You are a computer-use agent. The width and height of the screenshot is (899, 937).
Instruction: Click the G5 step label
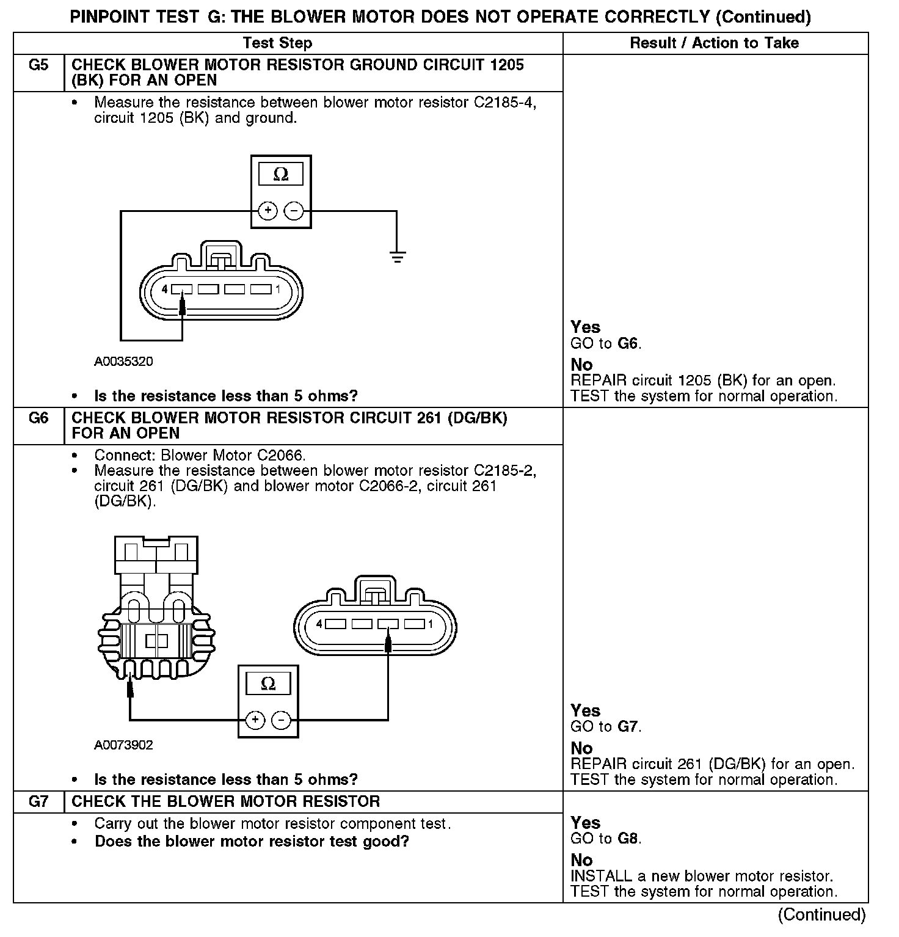(x=38, y=65)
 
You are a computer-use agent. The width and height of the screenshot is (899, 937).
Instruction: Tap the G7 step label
(x=38, y=801)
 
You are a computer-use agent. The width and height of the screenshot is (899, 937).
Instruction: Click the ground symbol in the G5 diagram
(x=397, y=257)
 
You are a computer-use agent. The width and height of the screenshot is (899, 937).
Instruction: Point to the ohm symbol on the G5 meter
(x=281, y=175)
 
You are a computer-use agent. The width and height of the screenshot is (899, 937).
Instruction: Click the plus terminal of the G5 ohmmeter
(x=268, y=211)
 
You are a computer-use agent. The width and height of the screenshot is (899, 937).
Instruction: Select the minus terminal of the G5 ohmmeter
(x=294, y=211)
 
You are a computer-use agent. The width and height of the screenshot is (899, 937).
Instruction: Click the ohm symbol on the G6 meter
(x=268, y=684)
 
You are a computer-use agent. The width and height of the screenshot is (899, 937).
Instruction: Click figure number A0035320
(x=123, y=362)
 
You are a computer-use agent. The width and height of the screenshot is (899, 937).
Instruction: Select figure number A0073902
(x=123, y=745)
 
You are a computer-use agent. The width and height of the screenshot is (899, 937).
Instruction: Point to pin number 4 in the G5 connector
(x=164, y=289)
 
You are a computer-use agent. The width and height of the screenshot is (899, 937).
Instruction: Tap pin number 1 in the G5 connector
(x=278, y=289)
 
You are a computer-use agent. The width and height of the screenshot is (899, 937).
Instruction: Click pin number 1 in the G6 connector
(x=431, y=624)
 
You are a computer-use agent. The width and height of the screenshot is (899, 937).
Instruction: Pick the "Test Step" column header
(x=277, y=43)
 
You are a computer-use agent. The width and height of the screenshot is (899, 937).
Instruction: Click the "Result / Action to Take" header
(x=714, y=43)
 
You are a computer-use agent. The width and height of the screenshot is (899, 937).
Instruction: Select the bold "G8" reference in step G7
(x=628, y=839)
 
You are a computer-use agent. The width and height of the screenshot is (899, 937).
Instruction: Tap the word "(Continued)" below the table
(x=821, y=914)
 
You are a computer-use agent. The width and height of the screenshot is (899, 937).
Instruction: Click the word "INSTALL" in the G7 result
(x=600, y=877)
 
